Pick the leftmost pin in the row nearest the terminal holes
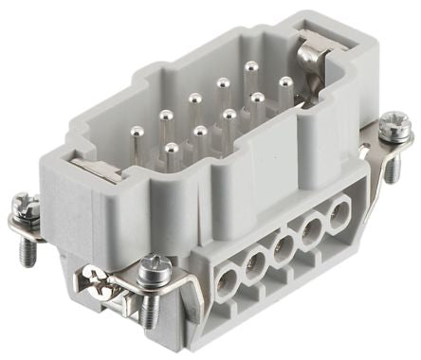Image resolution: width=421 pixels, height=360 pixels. (x=172, y=149)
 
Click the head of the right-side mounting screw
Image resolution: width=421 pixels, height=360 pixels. (x=391, y=123)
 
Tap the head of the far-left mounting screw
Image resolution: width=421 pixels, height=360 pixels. (x=29, y=204)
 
